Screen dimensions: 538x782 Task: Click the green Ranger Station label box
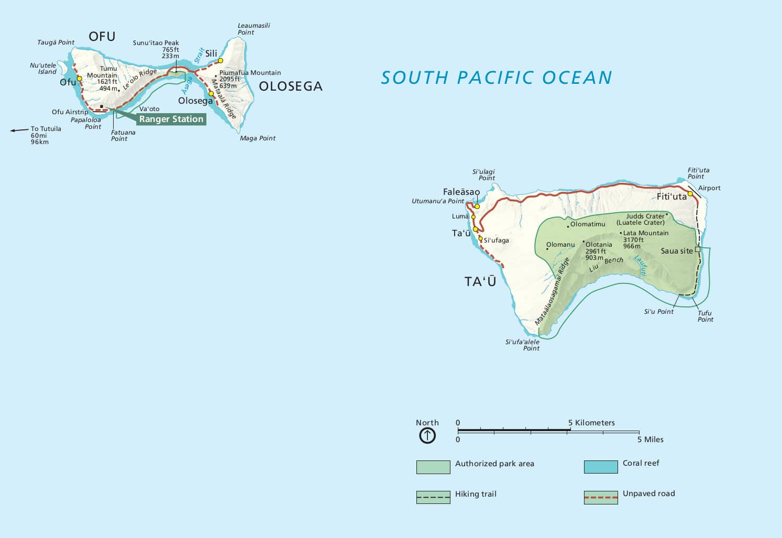coord(171,119)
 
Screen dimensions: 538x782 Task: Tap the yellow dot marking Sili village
coord(221,60)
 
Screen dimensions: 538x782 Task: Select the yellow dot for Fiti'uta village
coord(690,194)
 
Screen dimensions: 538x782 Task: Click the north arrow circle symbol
coord(427,435)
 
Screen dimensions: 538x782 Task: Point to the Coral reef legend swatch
coord(601,467)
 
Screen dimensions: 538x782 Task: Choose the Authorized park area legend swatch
coord(433,467)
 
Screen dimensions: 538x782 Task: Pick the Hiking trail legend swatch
coord(433,497)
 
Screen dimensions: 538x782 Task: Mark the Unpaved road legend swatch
coord(601,497)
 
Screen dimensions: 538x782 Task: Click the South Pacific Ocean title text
coord(496,78)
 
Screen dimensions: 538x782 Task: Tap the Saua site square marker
coord(697,249)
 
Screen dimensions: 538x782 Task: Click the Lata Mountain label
coord(645,233)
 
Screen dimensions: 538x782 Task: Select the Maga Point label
coord(258,138)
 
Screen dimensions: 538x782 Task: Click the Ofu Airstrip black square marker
coord(101,106)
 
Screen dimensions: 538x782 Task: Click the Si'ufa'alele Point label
coord(522,345)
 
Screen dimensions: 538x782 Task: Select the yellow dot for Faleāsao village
coord(477,206)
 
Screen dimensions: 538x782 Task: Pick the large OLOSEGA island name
coord(291,86)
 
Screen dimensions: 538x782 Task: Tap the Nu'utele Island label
coord(43,69)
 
